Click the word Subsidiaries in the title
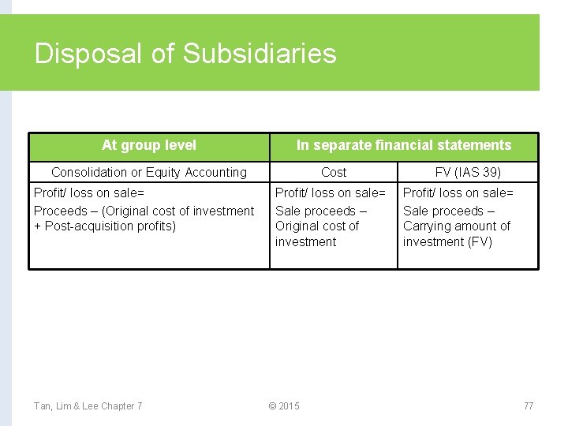(x=260, y=54)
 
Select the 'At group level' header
(x=149, y=145)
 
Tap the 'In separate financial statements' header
(x=403, y=145)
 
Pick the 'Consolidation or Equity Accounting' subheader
(x=149, y=172)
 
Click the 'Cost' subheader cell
(x=333, y=172)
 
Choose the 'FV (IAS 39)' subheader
(x=468, y=172)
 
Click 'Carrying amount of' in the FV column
(x=457, y=226)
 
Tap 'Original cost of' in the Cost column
(x=316, y=226)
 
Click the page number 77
(x=529, y=406)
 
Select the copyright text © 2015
(x=284, y=406)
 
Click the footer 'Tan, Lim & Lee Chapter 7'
(x=88, y=406)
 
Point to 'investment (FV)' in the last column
(x=447, y=242)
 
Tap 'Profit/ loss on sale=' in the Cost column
(x=331, y=193)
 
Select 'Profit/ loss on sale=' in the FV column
(x=458, y=193)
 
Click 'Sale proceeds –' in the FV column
(x=449, y=211)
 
